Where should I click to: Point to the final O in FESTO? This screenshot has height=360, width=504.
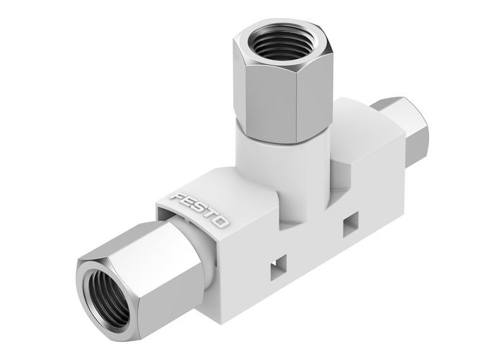(222, 221)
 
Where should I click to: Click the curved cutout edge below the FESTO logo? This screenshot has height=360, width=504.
(180, 216)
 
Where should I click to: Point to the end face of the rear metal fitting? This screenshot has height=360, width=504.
(418, 122)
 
